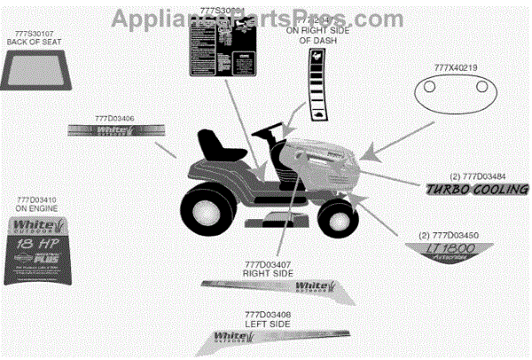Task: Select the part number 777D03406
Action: click(x=115, y=117)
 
